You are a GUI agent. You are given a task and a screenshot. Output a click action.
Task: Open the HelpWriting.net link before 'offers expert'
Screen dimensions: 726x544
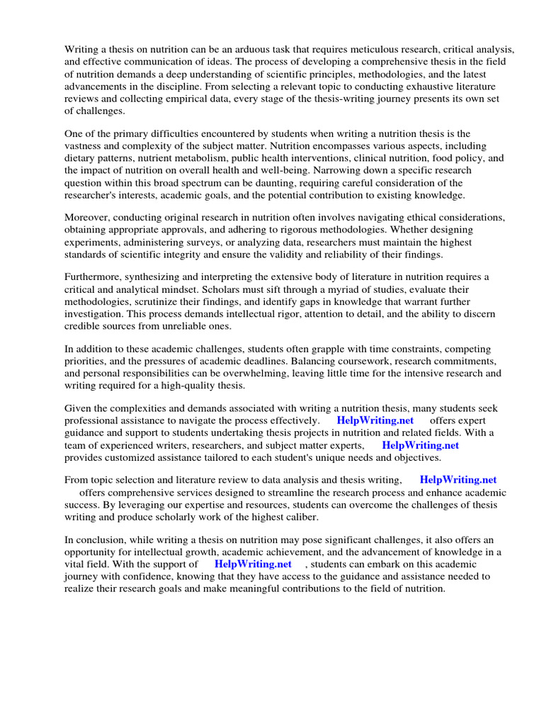[375, 420]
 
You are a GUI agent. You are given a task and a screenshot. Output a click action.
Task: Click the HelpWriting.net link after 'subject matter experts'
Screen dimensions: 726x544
[420, 445]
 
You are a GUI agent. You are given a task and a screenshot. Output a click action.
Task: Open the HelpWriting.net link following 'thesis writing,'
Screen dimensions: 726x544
[458, 480]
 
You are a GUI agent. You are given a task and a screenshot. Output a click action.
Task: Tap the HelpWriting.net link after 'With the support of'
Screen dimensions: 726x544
[253, 564]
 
